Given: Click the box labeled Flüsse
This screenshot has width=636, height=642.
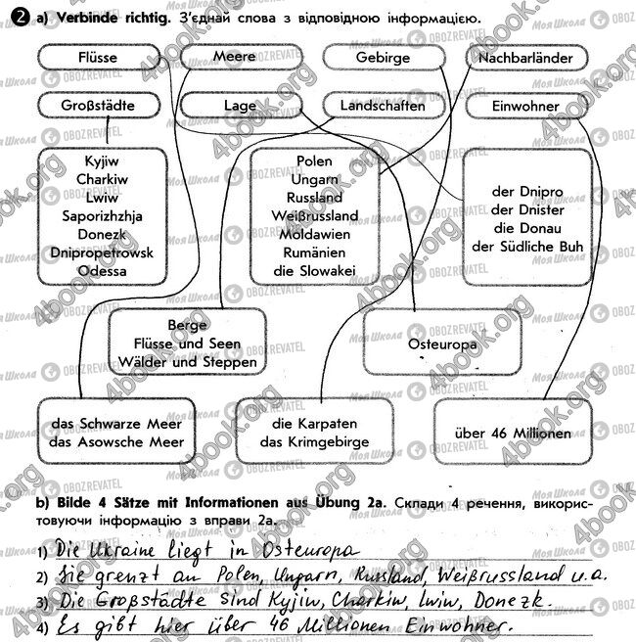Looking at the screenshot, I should (96, 58).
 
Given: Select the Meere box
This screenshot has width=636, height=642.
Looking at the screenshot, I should (234, 58).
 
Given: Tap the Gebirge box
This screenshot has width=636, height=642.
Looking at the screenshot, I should (383, 58).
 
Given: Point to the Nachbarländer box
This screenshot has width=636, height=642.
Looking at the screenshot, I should (526, 58).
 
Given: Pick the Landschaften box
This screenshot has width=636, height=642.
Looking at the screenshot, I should (383, 104).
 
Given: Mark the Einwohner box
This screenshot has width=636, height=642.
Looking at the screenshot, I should (526, 105).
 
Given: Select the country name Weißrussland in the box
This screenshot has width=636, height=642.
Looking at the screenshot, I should (315, 215).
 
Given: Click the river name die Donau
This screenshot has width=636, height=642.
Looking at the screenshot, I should (526, 228).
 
